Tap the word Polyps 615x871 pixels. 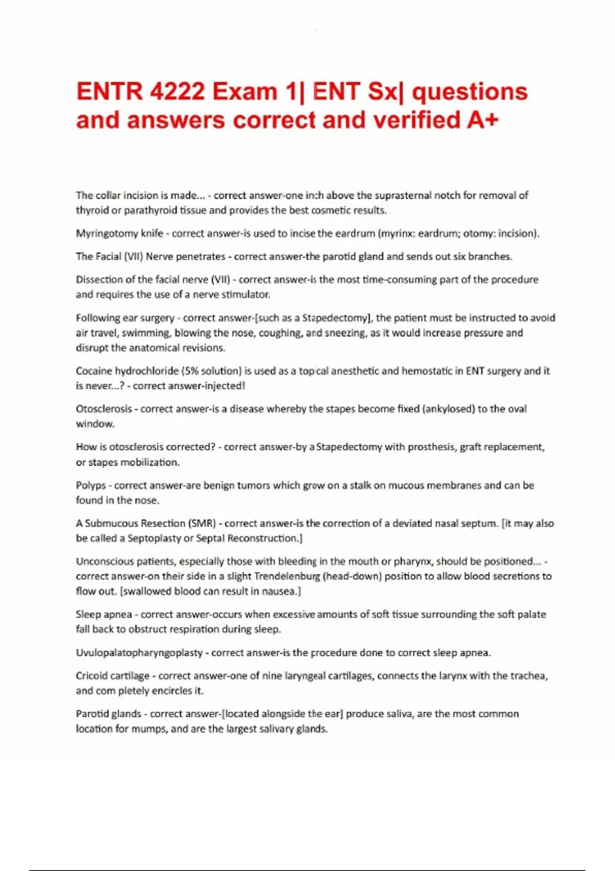pyautogui.click(x=91, y=485)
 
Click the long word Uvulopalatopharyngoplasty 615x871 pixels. pyautogui.click(x=139, y=653)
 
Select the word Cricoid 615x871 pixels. pyautogui.click(x=91, y=676)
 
